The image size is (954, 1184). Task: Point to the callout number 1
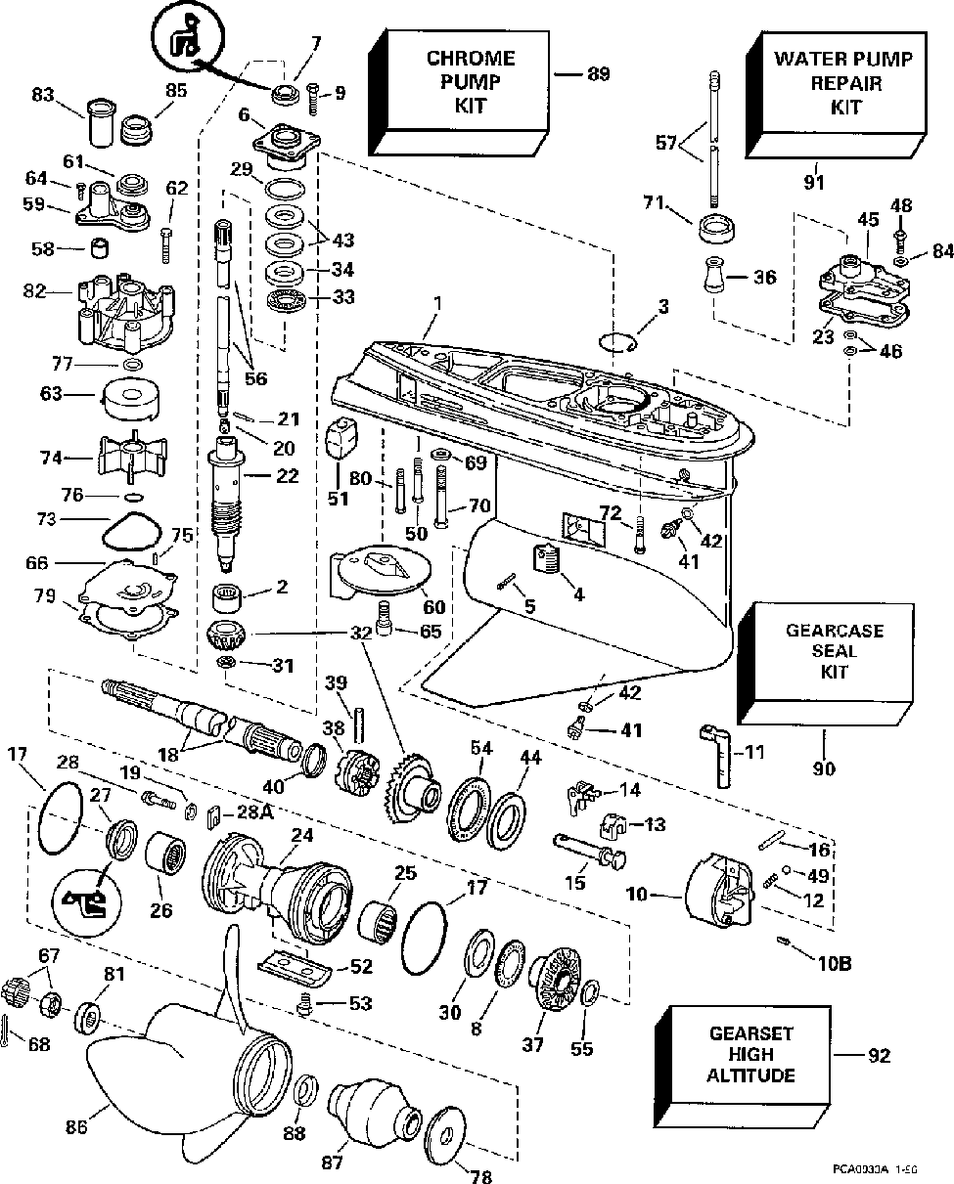436,304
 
